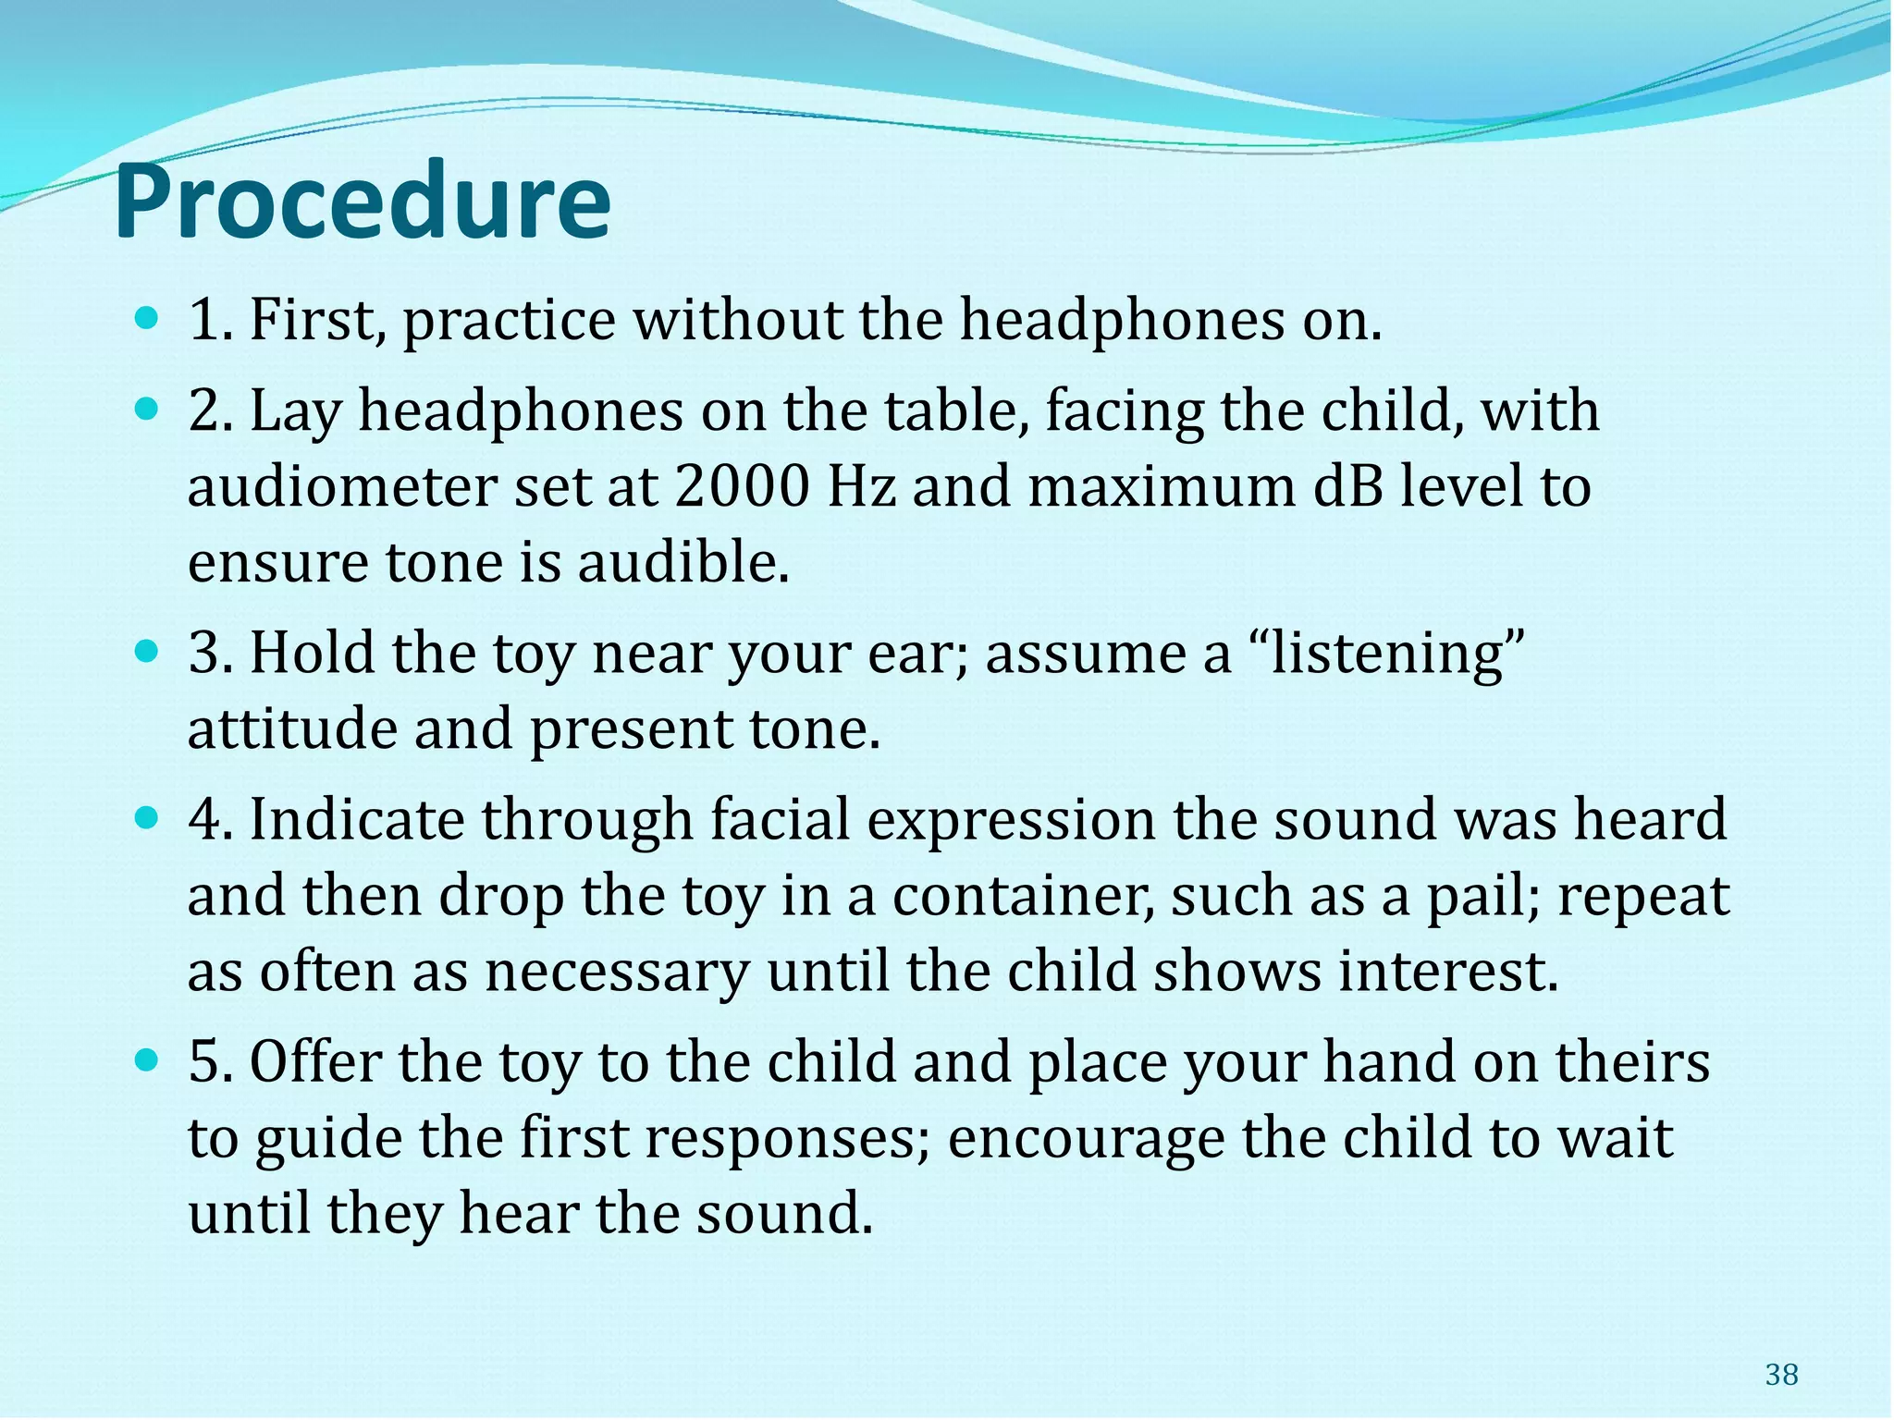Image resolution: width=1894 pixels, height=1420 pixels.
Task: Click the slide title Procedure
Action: tap(362, 202)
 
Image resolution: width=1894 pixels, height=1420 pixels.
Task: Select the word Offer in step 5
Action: tap(315, 1062)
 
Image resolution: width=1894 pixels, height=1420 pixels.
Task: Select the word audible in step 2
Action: tap(683, 563)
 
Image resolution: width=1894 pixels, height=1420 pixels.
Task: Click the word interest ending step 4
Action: tap(1448, 973)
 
